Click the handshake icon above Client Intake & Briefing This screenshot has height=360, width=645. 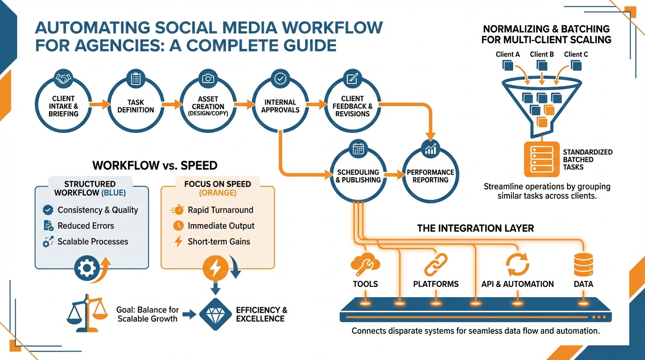click(63, 78)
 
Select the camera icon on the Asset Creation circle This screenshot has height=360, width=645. click(208, 78)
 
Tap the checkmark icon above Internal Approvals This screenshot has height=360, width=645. click(280, 78)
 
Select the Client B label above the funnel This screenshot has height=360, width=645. click(542, 54)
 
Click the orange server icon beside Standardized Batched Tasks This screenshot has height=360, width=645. click(541, 159)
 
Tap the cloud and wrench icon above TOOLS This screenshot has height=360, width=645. click(365, 264)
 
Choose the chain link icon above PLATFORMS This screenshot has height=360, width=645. click(435, 264)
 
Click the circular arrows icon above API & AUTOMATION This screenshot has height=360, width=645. click(517, 264)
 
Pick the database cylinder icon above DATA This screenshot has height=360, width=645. click(584, 264)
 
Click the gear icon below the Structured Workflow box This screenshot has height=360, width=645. click(88, 269)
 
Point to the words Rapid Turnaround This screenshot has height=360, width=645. click(220, 210)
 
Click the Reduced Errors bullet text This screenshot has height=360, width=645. click(86, 226)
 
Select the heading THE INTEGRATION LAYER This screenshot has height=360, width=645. click(475, 229)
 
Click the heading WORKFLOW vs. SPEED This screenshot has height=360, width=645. click(155, 165)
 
